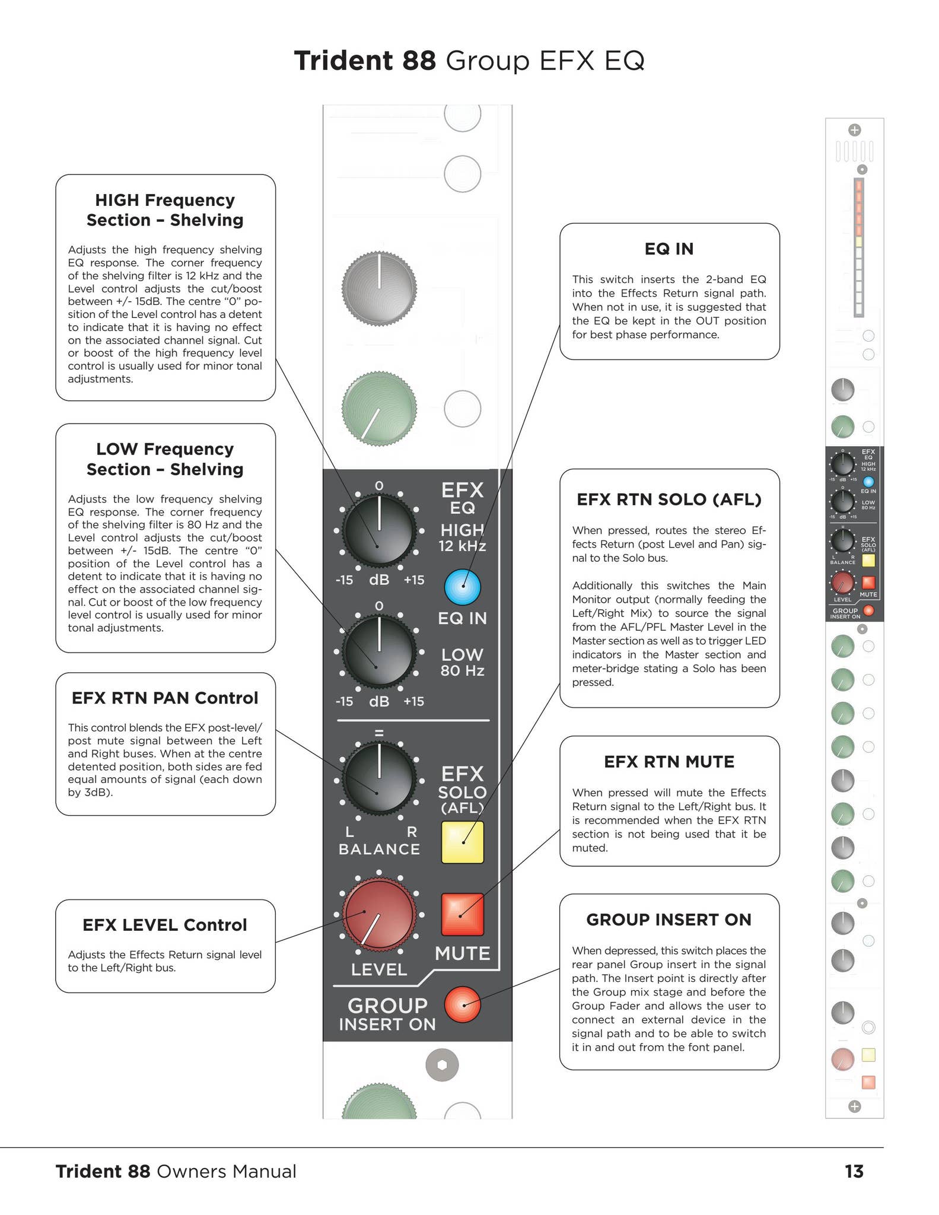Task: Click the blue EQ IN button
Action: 462,587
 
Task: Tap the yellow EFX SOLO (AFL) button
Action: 462,842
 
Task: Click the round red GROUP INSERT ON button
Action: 462,1004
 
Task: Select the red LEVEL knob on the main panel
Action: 379,914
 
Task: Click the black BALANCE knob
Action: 379,778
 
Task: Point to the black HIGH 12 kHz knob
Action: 379,530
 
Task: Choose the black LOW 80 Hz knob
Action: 379,651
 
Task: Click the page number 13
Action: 854,1171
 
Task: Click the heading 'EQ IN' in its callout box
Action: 669,249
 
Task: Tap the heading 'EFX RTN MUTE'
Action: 669,762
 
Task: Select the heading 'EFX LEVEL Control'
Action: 164,925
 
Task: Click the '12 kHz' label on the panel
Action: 462,546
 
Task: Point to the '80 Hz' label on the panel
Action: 462,671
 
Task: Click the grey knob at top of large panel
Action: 379,289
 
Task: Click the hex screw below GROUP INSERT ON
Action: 442,1065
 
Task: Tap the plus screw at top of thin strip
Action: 854,130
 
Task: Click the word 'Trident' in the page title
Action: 343,61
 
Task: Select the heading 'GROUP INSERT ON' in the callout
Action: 669,920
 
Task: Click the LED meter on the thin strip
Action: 858,247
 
